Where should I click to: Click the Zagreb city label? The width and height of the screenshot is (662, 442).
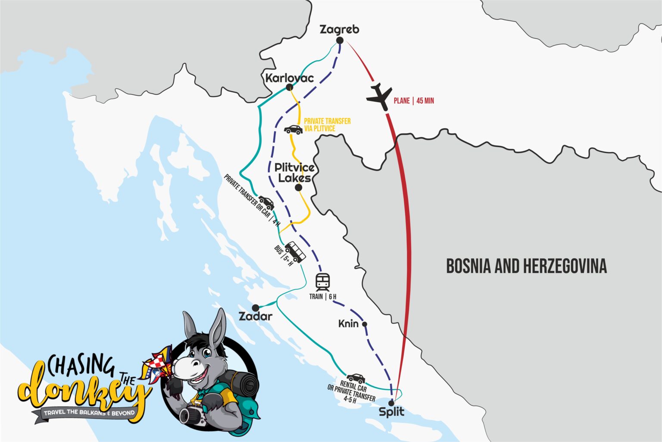(339, 29)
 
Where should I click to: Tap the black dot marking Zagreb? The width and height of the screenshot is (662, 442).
(340, 41)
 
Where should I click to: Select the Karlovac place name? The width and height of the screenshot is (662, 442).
(289, 78)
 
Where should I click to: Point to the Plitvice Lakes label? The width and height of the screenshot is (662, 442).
(294, 172)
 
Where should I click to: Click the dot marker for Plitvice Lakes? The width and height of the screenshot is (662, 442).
(298, 188)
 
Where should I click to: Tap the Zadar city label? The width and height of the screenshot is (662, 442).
(256, 316)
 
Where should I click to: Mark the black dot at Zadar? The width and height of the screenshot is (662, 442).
(256, 307)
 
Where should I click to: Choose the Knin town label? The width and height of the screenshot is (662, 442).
(348, 323)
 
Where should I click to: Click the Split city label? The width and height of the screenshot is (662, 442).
(391, 412)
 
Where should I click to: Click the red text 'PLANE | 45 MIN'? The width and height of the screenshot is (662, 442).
(414, 101)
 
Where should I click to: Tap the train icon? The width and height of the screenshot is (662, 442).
(323, 282)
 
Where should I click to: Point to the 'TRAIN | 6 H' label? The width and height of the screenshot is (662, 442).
(323, 297)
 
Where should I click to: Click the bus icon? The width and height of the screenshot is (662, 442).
(295, 251)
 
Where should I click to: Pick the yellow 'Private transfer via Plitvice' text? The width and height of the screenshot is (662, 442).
(327, 125)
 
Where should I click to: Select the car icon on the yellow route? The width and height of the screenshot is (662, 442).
(293, 129)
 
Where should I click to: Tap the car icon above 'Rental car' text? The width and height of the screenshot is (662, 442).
(356, 378)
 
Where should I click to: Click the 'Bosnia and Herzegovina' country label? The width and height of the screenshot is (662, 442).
(526, 266)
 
